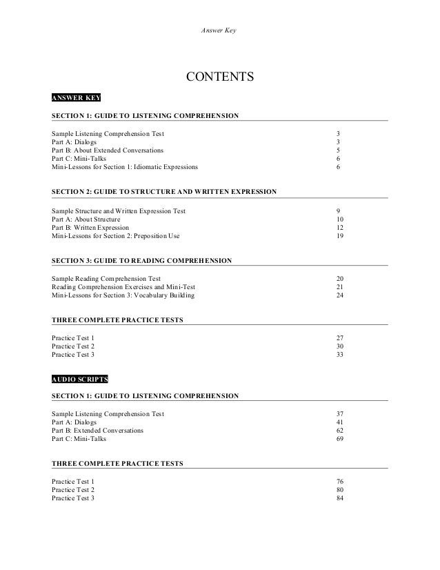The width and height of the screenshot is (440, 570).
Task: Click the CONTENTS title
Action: pyautogui.click(x=220, y=76)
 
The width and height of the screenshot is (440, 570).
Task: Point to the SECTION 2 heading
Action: pyautogui.click(x=164, y=190)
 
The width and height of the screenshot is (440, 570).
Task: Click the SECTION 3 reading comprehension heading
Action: pyautogui.click(x=141, y=261)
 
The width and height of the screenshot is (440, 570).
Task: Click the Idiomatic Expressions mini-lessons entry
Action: pyautogui.click(x=124, y=167)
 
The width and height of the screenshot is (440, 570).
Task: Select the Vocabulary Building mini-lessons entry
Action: pyautogui.click(x=123, y=295)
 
